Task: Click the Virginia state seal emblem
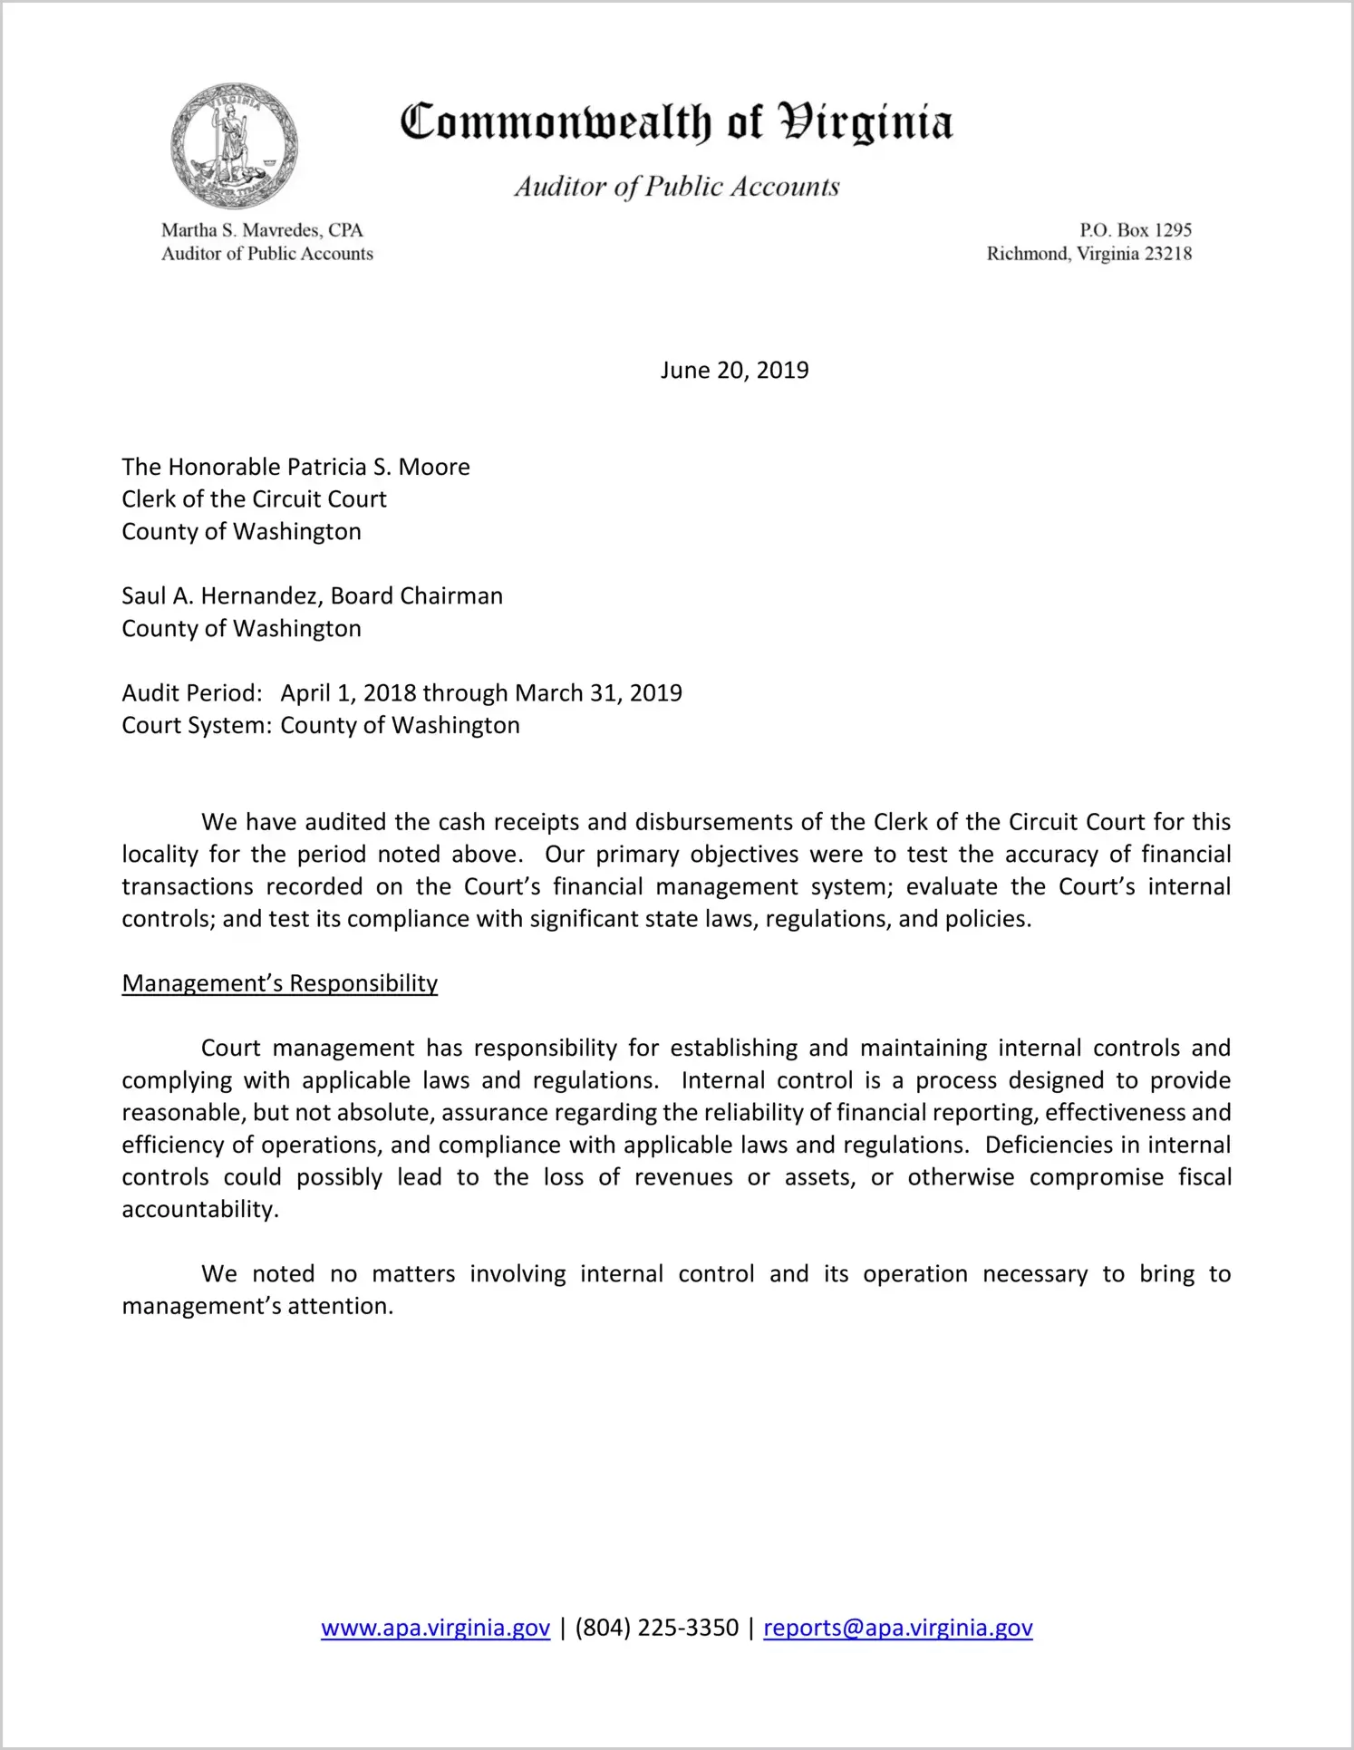234,146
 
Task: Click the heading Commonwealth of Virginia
676,122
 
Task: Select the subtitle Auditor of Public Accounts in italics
676,187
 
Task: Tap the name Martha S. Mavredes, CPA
262,230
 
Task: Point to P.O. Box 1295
1135,230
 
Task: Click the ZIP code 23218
1168,254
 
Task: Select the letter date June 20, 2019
734,370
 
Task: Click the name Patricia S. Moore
379,467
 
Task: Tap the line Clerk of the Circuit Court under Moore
254,499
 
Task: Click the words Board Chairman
416,596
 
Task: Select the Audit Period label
192,693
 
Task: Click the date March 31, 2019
598,693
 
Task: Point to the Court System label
197,726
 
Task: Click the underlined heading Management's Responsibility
279,983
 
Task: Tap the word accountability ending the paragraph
199,1210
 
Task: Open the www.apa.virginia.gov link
435,1628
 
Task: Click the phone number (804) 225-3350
656,1628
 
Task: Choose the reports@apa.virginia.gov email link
897,1628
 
